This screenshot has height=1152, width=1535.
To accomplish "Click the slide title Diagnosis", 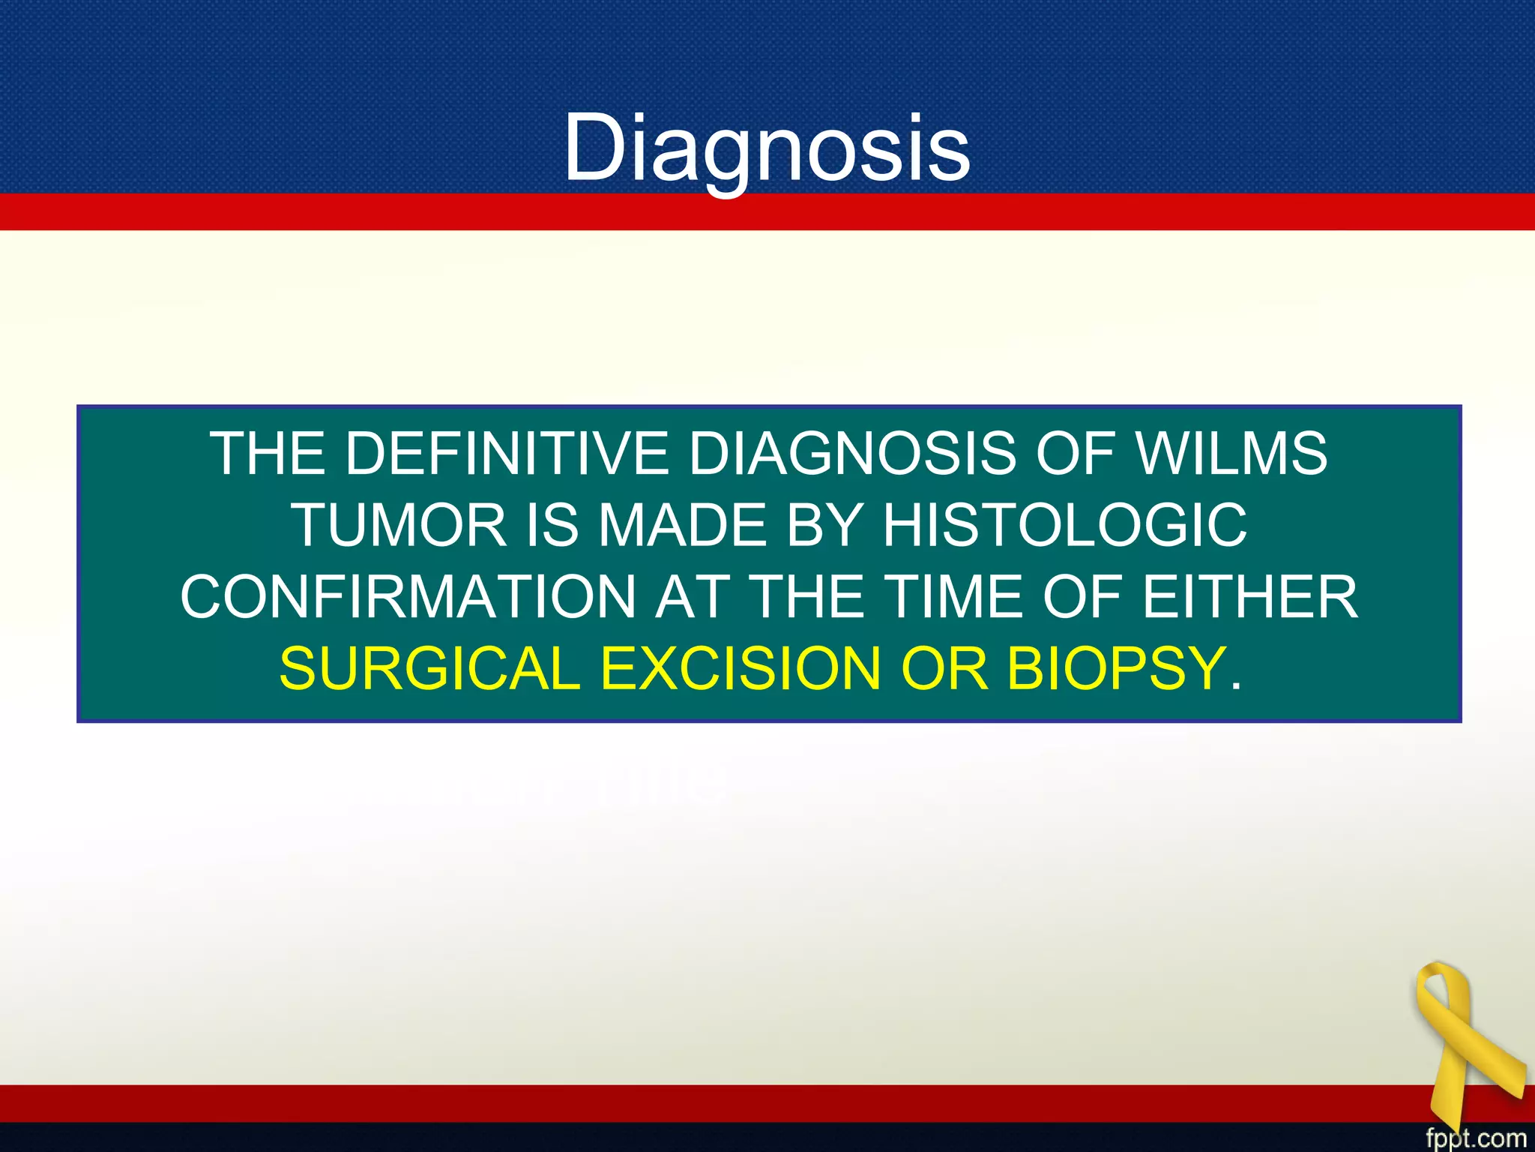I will [767, 147].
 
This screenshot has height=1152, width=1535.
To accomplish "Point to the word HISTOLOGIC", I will [1065, 525].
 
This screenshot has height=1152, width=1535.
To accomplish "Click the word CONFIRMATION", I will [408, 597].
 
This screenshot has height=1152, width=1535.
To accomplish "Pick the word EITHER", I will [1249, 597].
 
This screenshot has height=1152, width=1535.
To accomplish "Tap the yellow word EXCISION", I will [741, 669].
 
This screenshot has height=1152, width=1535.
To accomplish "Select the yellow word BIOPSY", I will [1115, 669].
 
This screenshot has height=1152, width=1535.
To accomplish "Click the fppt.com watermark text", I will [1475, 1138].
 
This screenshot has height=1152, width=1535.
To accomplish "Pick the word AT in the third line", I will [692, 597].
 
